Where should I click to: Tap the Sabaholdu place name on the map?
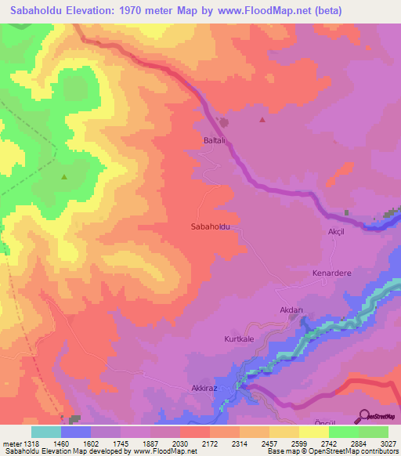pyautogui.click(x=210, y=226)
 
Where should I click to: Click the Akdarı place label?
pyautogui.click(x=291, y=310)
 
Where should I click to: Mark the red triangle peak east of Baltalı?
pyautogui.click(x=262, y=121)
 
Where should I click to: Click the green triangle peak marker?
pyautogui.click(x=63, y=177)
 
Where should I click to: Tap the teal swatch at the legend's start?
pyautogui.click(x=46, y=432)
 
